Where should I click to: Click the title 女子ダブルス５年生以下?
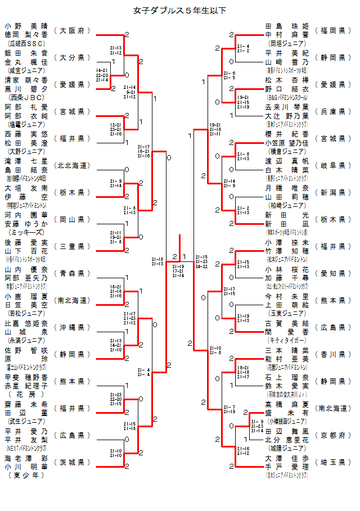click(x=180, y=10)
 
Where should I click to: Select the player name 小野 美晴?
click(x=26, y=26)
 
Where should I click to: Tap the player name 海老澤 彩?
click(x=26, y=458)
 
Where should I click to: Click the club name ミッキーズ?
click(x=26, y=232)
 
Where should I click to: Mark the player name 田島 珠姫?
click(x=287, y=26)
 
